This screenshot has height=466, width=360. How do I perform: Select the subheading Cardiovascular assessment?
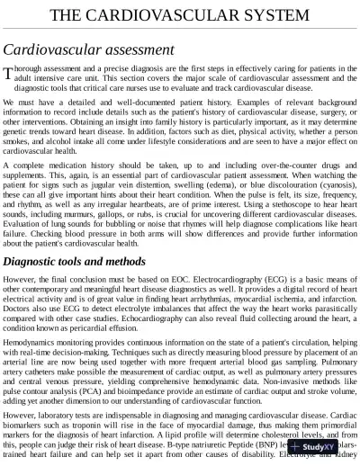click(88, 50)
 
